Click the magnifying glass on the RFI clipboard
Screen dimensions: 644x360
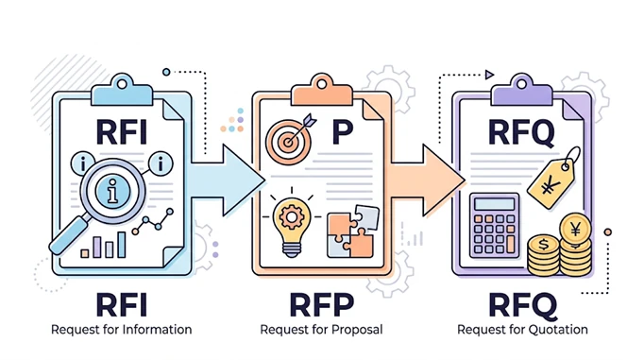pos(110,192)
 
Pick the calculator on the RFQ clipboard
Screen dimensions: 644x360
pos(495,225)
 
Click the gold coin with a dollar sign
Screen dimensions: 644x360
pos(543,245)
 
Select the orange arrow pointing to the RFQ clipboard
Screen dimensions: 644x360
pos(428,180)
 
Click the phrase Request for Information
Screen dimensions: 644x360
pos(121,330)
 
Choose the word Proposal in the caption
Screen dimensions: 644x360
pos(357,330)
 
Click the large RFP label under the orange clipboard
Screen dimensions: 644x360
pos(322,305)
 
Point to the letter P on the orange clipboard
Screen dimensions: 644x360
pos(343,131)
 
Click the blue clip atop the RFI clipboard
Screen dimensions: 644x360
pos(122,92)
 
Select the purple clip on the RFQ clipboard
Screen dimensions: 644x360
pos(521,92)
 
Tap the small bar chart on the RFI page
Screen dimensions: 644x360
pos(103,246)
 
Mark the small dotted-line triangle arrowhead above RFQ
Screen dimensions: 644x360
pos(489,75)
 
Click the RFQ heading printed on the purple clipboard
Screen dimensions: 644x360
pos(521,132)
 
